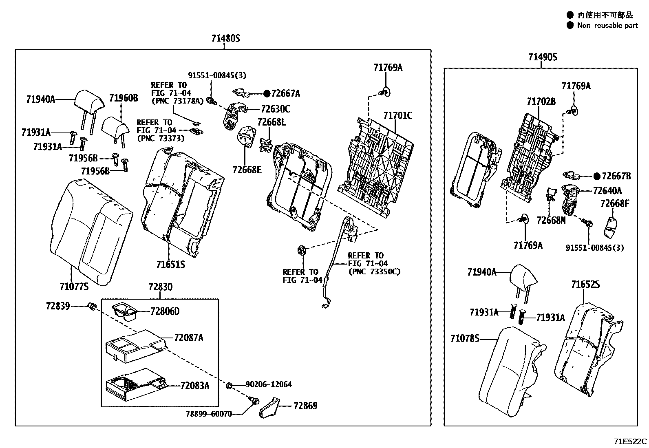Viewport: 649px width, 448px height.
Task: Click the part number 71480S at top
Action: (x=226, y=39)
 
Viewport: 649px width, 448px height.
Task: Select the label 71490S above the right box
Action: (x=543, y=57)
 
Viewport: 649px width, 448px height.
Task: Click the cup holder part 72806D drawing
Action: (x=124, y=312)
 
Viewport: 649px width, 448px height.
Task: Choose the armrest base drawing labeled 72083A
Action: (x=135, y=385)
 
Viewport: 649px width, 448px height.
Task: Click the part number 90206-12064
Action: (x=268, y=384)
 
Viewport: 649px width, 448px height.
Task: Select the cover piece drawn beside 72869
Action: (x=269, y=408)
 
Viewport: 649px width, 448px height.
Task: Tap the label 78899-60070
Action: (x=209, y=414)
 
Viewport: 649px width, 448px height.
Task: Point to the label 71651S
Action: (x=170, y=265)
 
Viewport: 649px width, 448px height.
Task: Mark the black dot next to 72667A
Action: (x=267, y=94)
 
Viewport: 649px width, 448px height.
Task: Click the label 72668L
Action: (x=272, y=122)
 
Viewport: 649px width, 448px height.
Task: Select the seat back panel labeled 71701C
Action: (x=375, y=165)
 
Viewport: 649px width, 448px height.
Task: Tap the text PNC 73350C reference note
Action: (x=374, y=271)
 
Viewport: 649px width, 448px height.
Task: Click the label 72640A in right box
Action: (x=607, y=191)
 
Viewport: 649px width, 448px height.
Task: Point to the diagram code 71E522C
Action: (x=630, y=441)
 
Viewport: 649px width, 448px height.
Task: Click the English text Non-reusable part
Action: (x=607, y=25)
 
